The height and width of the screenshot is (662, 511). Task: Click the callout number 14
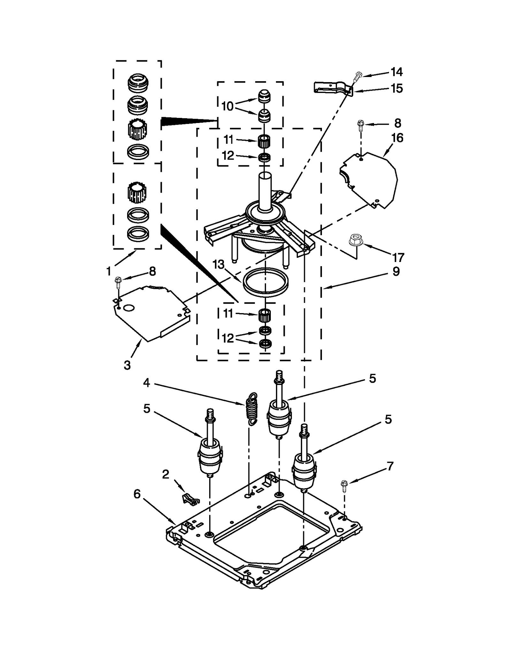397,72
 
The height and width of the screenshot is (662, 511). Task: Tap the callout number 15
397,89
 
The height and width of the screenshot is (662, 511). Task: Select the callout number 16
397,138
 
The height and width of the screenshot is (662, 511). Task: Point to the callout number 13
219,265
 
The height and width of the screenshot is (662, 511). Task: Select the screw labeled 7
344,486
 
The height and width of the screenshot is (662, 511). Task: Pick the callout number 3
127,365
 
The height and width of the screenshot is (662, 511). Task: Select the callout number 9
396,272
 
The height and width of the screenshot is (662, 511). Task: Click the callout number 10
227,106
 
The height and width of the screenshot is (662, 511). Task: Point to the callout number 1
109,271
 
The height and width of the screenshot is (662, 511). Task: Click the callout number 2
165,474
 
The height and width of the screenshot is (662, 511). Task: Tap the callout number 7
390,466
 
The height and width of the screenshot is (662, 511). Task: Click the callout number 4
147,382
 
